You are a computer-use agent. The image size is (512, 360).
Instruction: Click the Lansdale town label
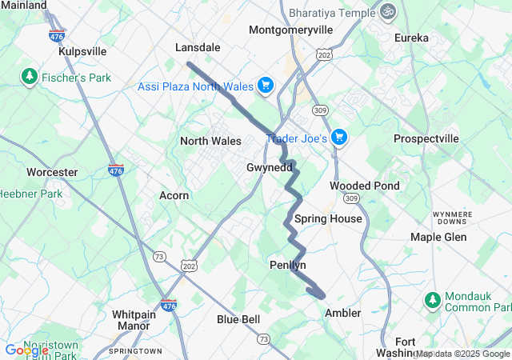click(198, 47)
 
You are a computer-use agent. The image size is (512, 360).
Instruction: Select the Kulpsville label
click(82, 51)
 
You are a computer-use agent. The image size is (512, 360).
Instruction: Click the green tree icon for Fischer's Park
click(30, 76)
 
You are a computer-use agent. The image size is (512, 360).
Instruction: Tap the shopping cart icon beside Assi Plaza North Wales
click(266, 86)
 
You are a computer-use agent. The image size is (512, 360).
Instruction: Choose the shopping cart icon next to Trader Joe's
click(339, 138)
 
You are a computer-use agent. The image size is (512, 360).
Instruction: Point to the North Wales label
click(210, 141)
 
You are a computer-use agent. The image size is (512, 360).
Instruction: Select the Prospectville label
click(426, 138)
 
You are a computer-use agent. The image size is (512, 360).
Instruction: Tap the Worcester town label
click(52, 172)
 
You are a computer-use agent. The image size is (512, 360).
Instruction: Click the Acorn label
click(174, 195)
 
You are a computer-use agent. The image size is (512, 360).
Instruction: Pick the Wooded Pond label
click(365, 186)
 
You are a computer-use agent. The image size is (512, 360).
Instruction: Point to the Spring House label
click(328, 218)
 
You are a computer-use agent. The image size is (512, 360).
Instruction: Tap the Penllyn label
click(288, 265)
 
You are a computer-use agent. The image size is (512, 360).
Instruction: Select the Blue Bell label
click(238, 319)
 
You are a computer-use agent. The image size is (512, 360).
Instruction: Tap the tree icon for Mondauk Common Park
click(433, 301)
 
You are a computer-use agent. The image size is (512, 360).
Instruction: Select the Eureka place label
click(411, 38)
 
